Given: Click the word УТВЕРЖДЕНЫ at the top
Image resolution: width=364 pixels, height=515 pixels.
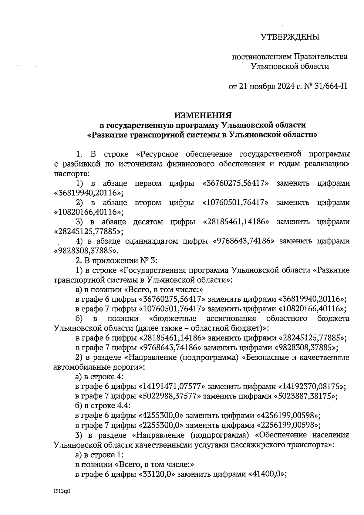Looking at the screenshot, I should coord(290,37).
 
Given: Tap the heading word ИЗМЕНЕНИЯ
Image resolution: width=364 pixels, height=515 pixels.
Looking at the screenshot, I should coord(203,115).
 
